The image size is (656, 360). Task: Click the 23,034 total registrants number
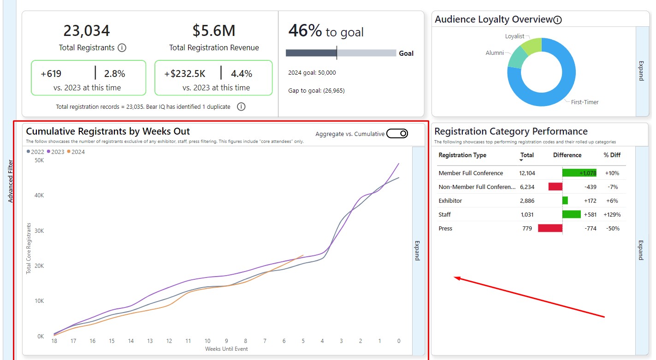tap(87, 30)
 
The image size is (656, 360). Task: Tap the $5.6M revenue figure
tap(214, 30)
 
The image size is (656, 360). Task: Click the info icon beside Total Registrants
tap(122, 47)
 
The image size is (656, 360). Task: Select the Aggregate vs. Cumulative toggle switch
tap(397, 134)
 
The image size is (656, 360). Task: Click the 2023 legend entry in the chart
tap(56, 152)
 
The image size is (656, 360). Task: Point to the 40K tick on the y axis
tap(39, 195)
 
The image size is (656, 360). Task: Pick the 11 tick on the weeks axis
tap(188, 341)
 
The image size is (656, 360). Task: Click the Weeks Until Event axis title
tap(226, 349)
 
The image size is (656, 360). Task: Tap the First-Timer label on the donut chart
tap(585, 102)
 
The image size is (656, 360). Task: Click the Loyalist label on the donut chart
tap(514, 36)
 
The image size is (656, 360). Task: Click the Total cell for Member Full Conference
tap(527, 173)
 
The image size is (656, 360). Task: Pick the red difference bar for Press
tap(550, 228)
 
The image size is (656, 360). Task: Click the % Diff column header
tap(612, 155)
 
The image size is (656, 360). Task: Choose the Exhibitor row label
tap(450, 201)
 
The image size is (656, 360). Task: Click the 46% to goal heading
tap(326, 31)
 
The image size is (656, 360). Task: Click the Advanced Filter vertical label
tap(11, 181)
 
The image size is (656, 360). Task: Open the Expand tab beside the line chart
tap(417, 250)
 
